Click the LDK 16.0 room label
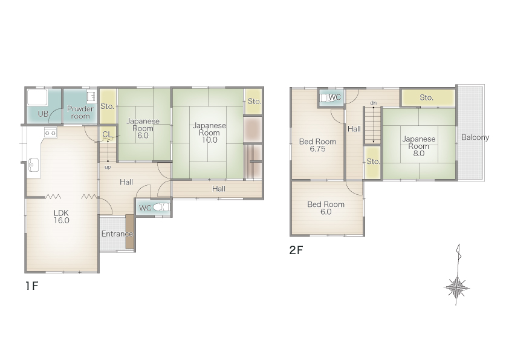click(61, 217)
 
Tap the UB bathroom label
click(43, 114)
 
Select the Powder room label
click(80, 113)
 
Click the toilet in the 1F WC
click(161, 208)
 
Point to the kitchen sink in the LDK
click(33, 165)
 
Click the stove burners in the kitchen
click(50, 133)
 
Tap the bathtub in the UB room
click(37, 97)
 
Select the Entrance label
click(117, 234)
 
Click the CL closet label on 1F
click(107, 134)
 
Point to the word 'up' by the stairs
click(108, 167)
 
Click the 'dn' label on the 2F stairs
click(374, 103)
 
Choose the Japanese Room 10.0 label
click(209, 133)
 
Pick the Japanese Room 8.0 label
click(419, 146)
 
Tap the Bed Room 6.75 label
click(317, 145)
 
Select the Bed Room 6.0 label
click(326, 208)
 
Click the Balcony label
click(475, 137)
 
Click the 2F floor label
click(296, 250)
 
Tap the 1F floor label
click(32, 286)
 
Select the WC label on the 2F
click(335, 97)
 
